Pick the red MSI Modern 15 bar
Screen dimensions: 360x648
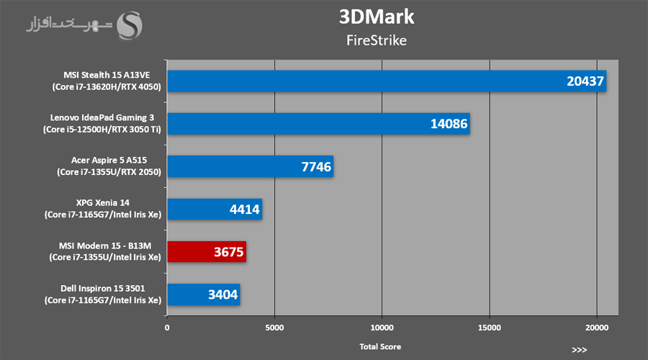[x=207, y=251]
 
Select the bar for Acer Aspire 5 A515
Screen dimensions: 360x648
[x=250, y=166]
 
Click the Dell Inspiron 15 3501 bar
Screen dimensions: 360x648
[x=203, y=294]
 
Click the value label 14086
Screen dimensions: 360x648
[x=449, y=125]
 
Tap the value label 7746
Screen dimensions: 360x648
[x=315, y=167]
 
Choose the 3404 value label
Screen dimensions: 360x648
[x=222, y=294]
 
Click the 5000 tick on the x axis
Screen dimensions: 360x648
[x=274, y=328]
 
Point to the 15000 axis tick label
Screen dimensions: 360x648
[x=489, y=328]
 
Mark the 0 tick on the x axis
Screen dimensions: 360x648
[x=167, y=328]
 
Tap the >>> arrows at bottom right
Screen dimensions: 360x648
[x=579, y=350]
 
